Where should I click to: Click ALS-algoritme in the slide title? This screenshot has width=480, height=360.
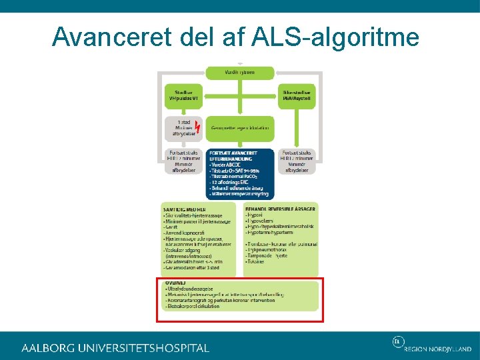(336, 37)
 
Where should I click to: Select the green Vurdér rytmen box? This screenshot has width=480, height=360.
(239, 72)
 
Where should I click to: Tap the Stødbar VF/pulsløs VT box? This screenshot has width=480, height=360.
(183, 95)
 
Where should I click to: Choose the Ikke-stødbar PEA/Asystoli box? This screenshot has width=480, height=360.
(297, 95)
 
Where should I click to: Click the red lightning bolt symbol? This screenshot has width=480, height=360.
(197, 126)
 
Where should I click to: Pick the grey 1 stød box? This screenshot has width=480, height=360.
(182, 127)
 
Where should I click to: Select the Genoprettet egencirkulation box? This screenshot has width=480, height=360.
(239, 127)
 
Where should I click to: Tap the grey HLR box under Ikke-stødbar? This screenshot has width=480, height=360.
(297, 161)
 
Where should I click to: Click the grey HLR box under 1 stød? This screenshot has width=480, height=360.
(183, 161)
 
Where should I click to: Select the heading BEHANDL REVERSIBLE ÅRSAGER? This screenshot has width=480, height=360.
(280, 209)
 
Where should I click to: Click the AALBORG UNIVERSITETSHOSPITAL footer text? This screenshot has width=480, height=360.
(115, 348)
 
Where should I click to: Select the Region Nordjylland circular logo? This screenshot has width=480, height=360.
(397, 343)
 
